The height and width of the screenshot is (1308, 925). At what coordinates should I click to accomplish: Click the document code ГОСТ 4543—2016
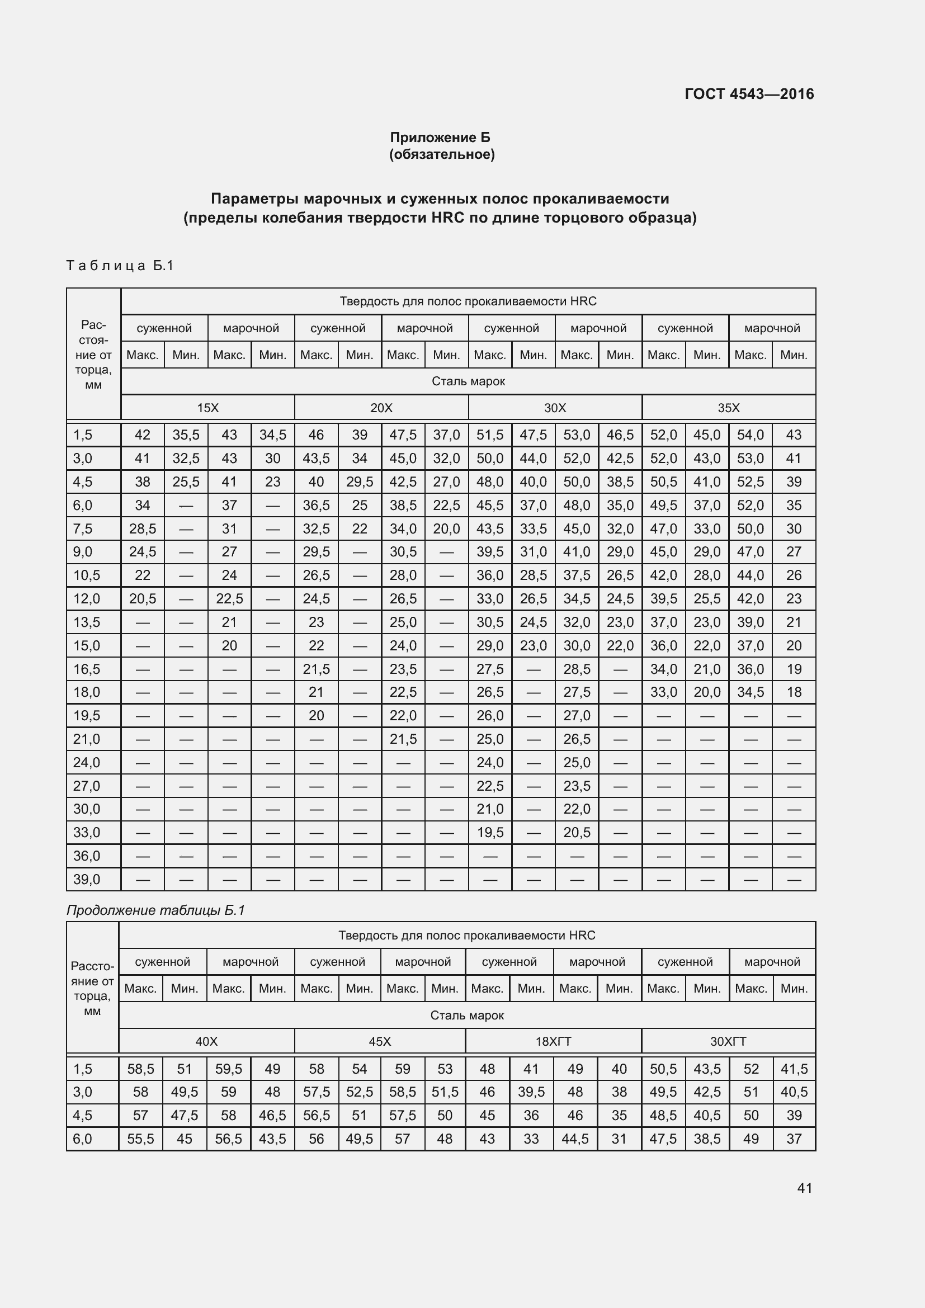749,94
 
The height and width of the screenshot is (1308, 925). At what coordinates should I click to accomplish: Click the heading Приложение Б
440,138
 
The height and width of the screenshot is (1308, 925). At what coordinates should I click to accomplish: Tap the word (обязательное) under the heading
441,154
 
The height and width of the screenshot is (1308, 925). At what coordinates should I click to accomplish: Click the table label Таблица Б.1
120,266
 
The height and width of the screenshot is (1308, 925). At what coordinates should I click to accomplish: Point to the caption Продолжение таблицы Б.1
155,910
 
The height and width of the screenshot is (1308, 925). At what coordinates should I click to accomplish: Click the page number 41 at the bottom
804,1188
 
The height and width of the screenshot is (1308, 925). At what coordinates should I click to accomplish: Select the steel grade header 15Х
207,408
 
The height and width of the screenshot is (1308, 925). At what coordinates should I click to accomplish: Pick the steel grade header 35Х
729,408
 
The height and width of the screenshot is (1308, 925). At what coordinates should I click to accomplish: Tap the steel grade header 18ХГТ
553,1041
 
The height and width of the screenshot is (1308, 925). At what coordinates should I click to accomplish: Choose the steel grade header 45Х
379,1041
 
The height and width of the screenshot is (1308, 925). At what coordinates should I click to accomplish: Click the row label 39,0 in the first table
87,879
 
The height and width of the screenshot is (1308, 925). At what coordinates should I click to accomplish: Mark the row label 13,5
87,622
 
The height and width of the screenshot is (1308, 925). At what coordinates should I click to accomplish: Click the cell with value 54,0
750,435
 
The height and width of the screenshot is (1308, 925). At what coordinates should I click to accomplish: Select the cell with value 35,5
186,435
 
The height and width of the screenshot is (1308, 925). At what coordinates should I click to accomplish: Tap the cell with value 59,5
228,1069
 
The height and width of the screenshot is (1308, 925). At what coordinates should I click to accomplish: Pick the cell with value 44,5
575,1139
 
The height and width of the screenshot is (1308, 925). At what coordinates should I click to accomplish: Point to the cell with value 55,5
141,1139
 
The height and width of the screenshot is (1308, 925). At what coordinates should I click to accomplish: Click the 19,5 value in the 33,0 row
490,832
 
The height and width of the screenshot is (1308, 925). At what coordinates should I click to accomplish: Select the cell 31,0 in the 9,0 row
533,551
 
